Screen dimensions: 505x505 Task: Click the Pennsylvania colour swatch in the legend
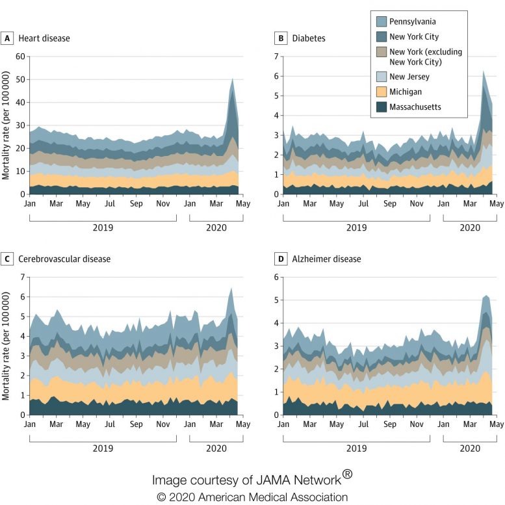382,21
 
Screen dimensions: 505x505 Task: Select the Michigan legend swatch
382,92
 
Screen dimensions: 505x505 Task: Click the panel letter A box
8,38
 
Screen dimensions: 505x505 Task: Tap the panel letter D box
281,259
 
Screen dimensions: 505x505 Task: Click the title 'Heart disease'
45,38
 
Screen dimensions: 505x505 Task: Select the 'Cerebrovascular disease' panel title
65,259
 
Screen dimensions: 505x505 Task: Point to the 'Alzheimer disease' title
326,259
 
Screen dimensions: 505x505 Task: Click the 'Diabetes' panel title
309,38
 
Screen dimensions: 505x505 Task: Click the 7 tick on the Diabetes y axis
275,57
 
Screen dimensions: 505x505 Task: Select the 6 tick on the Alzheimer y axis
275,277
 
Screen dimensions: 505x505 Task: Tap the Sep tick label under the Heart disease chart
136,203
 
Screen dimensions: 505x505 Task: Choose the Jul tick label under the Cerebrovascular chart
109,424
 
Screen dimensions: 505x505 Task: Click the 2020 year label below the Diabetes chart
469,228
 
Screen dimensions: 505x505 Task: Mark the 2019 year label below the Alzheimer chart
356,448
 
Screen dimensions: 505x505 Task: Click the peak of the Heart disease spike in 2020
233,79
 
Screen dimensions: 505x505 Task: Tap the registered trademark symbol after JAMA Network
348,474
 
